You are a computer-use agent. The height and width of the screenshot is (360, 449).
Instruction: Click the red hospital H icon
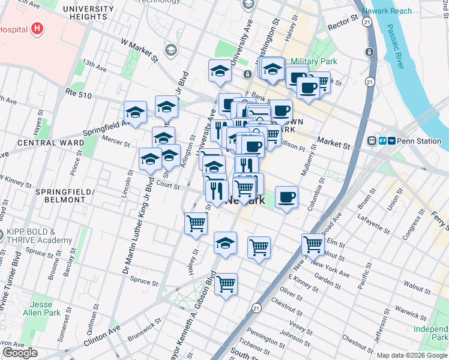click(x=38, y=28)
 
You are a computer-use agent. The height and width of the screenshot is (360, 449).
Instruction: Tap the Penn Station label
click(x=419, y=141)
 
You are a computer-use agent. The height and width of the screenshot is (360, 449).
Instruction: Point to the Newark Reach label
click(x=387, y=11)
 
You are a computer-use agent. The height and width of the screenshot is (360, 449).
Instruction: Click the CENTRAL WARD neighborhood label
click(x=42, y=143)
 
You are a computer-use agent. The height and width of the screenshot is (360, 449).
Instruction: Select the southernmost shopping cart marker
click(x=226, y=283)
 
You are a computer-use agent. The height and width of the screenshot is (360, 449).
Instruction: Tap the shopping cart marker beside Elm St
click(x=313, y=244)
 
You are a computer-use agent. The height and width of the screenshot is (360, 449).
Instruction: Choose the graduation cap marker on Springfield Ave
click(x=135, y=112)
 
